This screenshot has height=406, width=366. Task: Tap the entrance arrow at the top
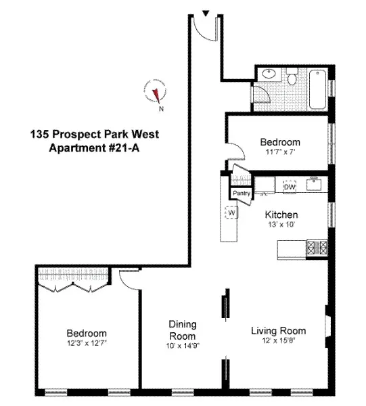click(x=206, y=12)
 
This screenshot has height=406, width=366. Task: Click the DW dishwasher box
click(x=290, y=186)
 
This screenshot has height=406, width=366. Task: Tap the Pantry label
click(x=242, y=194)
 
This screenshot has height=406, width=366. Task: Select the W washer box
click(x=231, y=212)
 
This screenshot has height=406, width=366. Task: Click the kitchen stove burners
click(x=316, y=248)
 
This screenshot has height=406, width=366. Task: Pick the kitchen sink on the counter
click(x=313, y=183)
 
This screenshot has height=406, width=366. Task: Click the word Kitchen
click(x=281, y=215)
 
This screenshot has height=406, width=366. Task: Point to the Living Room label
click(x=278, y=331)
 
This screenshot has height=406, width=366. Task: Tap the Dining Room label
click(x=183, y=330)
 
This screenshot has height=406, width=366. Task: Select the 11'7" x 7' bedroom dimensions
click(x=280, y=152)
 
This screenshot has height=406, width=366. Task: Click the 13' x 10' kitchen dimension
click(x=281, y=225)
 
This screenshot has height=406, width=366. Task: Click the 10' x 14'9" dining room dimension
click(x=183, y=346)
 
